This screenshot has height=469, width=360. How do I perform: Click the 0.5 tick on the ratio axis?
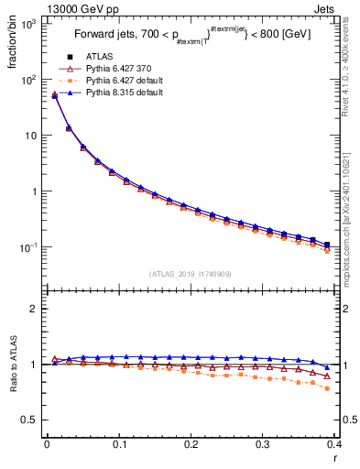[28, 420]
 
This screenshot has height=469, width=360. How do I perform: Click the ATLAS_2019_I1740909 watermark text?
[190, 274]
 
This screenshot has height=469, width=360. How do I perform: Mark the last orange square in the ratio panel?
[327, 388]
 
